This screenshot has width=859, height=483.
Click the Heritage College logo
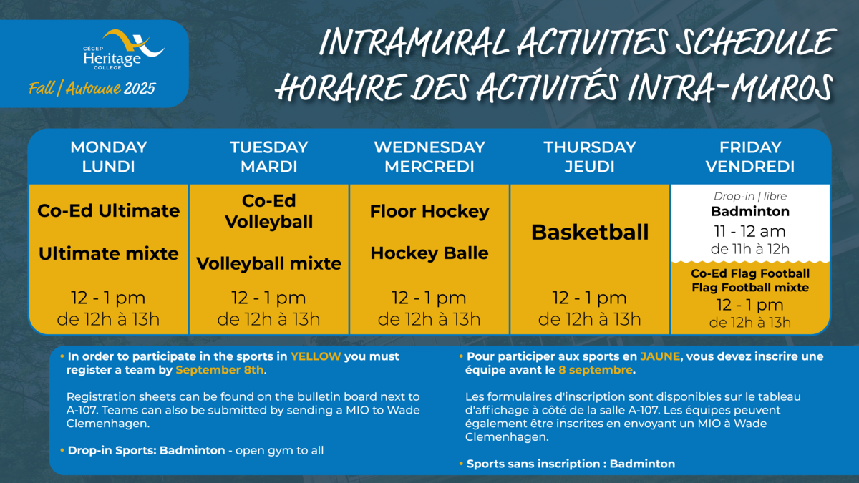[123, 50]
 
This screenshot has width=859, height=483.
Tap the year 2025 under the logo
[140, 89]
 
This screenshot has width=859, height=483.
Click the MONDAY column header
[109, 147]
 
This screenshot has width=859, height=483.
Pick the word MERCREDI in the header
[429, 167]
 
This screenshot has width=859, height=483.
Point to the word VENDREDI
[750, 167]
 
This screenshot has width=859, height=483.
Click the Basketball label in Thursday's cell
[590, 233]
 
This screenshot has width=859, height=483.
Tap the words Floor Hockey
[429, 212]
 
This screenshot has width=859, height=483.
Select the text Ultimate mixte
[109, 254]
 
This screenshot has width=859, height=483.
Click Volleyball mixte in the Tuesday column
[269, 264]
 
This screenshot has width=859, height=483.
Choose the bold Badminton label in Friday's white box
[750, 212]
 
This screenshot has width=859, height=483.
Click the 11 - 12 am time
[749, 232]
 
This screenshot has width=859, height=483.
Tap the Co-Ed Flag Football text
[750, 273]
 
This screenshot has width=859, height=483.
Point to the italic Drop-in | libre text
[750, 196]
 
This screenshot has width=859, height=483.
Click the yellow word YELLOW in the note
[316, 356]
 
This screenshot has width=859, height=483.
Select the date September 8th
[220, 370]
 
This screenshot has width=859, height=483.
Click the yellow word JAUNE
[660, 356]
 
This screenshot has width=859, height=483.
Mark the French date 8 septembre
[596, 371]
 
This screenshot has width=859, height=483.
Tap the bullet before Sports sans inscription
[461, 464]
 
